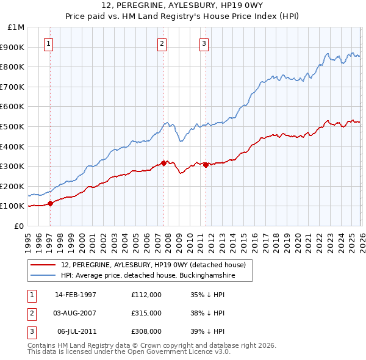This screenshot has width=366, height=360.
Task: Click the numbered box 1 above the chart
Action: click(x=48, y=43)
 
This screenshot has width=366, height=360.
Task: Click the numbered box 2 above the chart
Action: click(x=162, y=43)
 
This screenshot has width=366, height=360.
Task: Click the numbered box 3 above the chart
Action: click(x=204, y=43)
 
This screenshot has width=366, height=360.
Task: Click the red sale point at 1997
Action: click(x=51, y=204)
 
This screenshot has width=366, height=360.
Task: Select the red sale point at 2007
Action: click(x=163, y=163)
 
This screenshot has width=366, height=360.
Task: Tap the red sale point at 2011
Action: click(x=206, y=165)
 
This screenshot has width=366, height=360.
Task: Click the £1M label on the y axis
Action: click(x=16, y=27)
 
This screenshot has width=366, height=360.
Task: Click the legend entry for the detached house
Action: click(x=153, y=265)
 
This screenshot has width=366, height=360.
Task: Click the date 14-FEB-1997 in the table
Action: click(x=76, y=295)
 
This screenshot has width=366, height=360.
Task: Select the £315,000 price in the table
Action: click(x=146, y=313)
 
